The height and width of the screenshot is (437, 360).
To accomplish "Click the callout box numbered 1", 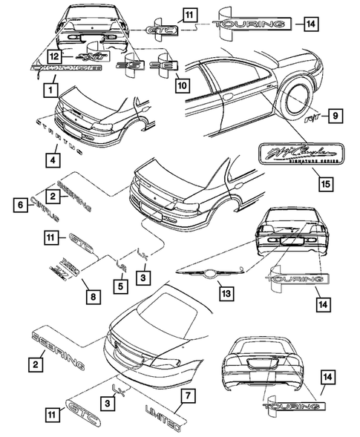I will click(x=50, y=89).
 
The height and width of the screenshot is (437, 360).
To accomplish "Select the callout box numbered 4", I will click(x=51, y=158).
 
